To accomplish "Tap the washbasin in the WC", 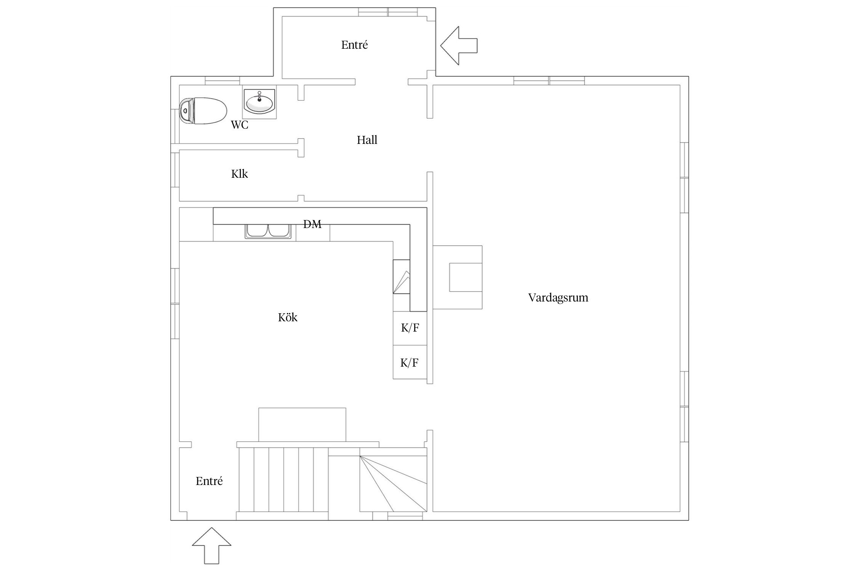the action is pos(259,102).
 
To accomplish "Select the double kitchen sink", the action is pos(269,231).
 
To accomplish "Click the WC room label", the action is pos(240,125).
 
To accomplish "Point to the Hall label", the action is pos(367,140).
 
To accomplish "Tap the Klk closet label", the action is pos(240,174).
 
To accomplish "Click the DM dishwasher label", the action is pos(312,224).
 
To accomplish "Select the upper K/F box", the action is pos(410,328).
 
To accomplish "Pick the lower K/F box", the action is pos(410,362).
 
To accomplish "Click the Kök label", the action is pos(288,317).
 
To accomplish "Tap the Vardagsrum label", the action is pos(558,298).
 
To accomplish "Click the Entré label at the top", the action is pos(355,45).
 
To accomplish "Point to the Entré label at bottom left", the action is pos(209,481).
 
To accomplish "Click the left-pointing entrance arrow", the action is pos(459,46).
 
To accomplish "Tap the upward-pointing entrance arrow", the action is pos(211,545).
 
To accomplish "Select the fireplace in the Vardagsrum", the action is pos(457,277).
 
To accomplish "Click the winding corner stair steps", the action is pos(393,479).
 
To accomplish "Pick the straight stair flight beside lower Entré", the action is pos(283,480).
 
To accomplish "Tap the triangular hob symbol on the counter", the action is pos(401,282).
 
